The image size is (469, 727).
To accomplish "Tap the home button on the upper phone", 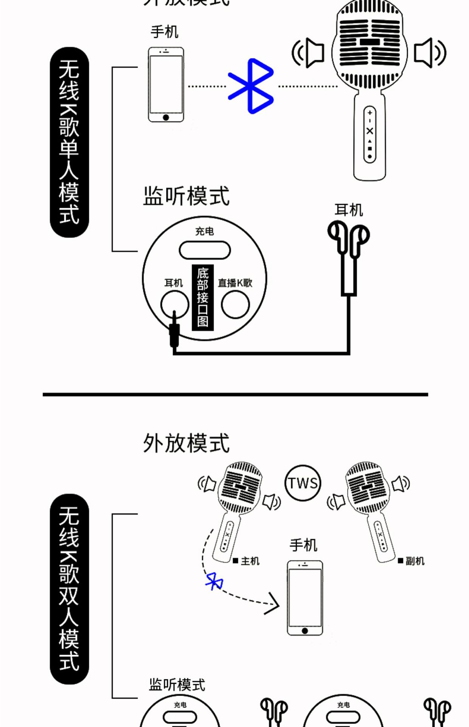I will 166,117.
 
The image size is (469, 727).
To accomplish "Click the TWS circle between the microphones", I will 303,483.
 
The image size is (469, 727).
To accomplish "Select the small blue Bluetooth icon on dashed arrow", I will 214,580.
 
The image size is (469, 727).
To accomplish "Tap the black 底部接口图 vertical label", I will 203,298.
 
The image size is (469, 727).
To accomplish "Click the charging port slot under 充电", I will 205,250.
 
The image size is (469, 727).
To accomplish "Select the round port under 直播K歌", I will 235,304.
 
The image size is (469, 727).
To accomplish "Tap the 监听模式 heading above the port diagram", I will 186,196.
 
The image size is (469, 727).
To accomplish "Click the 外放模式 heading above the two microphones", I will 186,443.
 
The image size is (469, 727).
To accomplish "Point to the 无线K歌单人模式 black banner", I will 69,142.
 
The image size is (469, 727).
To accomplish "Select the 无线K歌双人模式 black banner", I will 69,589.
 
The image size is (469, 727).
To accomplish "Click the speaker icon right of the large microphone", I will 429,53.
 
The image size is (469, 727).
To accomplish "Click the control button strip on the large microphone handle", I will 370,134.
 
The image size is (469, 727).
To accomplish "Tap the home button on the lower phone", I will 305,630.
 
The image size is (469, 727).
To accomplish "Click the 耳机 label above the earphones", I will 348,210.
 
